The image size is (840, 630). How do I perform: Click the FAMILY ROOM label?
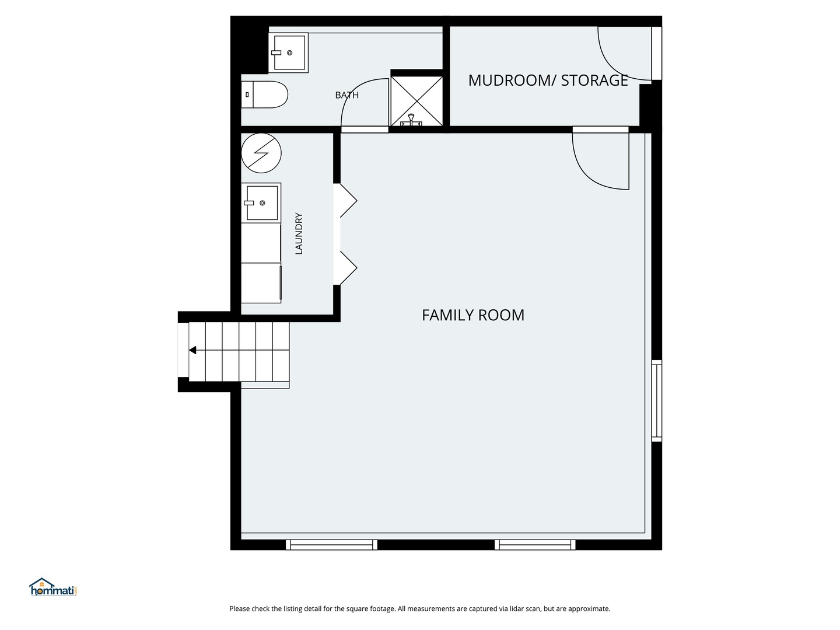tap(473, 315)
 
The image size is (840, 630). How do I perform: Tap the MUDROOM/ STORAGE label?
tap(548, 80)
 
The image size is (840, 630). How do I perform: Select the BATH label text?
tap(346, 95)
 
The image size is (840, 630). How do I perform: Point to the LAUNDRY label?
tap(299, 234)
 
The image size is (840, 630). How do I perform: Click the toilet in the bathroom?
tap(264, 94)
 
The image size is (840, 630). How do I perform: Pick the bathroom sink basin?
tap(289, 52)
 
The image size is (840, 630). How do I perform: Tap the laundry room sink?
tap(261, 203)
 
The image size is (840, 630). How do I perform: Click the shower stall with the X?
tap(416, 101)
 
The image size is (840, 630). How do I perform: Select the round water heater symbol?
tap(261, 153)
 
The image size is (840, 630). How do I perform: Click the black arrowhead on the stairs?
tap(192, 350)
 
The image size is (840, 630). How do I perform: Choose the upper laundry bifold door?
tap(349, 201)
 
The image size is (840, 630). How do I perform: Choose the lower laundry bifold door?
tap(349, 268)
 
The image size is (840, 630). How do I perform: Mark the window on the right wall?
tap(657, 401)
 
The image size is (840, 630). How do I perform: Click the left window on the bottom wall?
tap(331, 545)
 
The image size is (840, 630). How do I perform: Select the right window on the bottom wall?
tap(535, 545)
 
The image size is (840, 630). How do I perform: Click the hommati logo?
tap(53, 587)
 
